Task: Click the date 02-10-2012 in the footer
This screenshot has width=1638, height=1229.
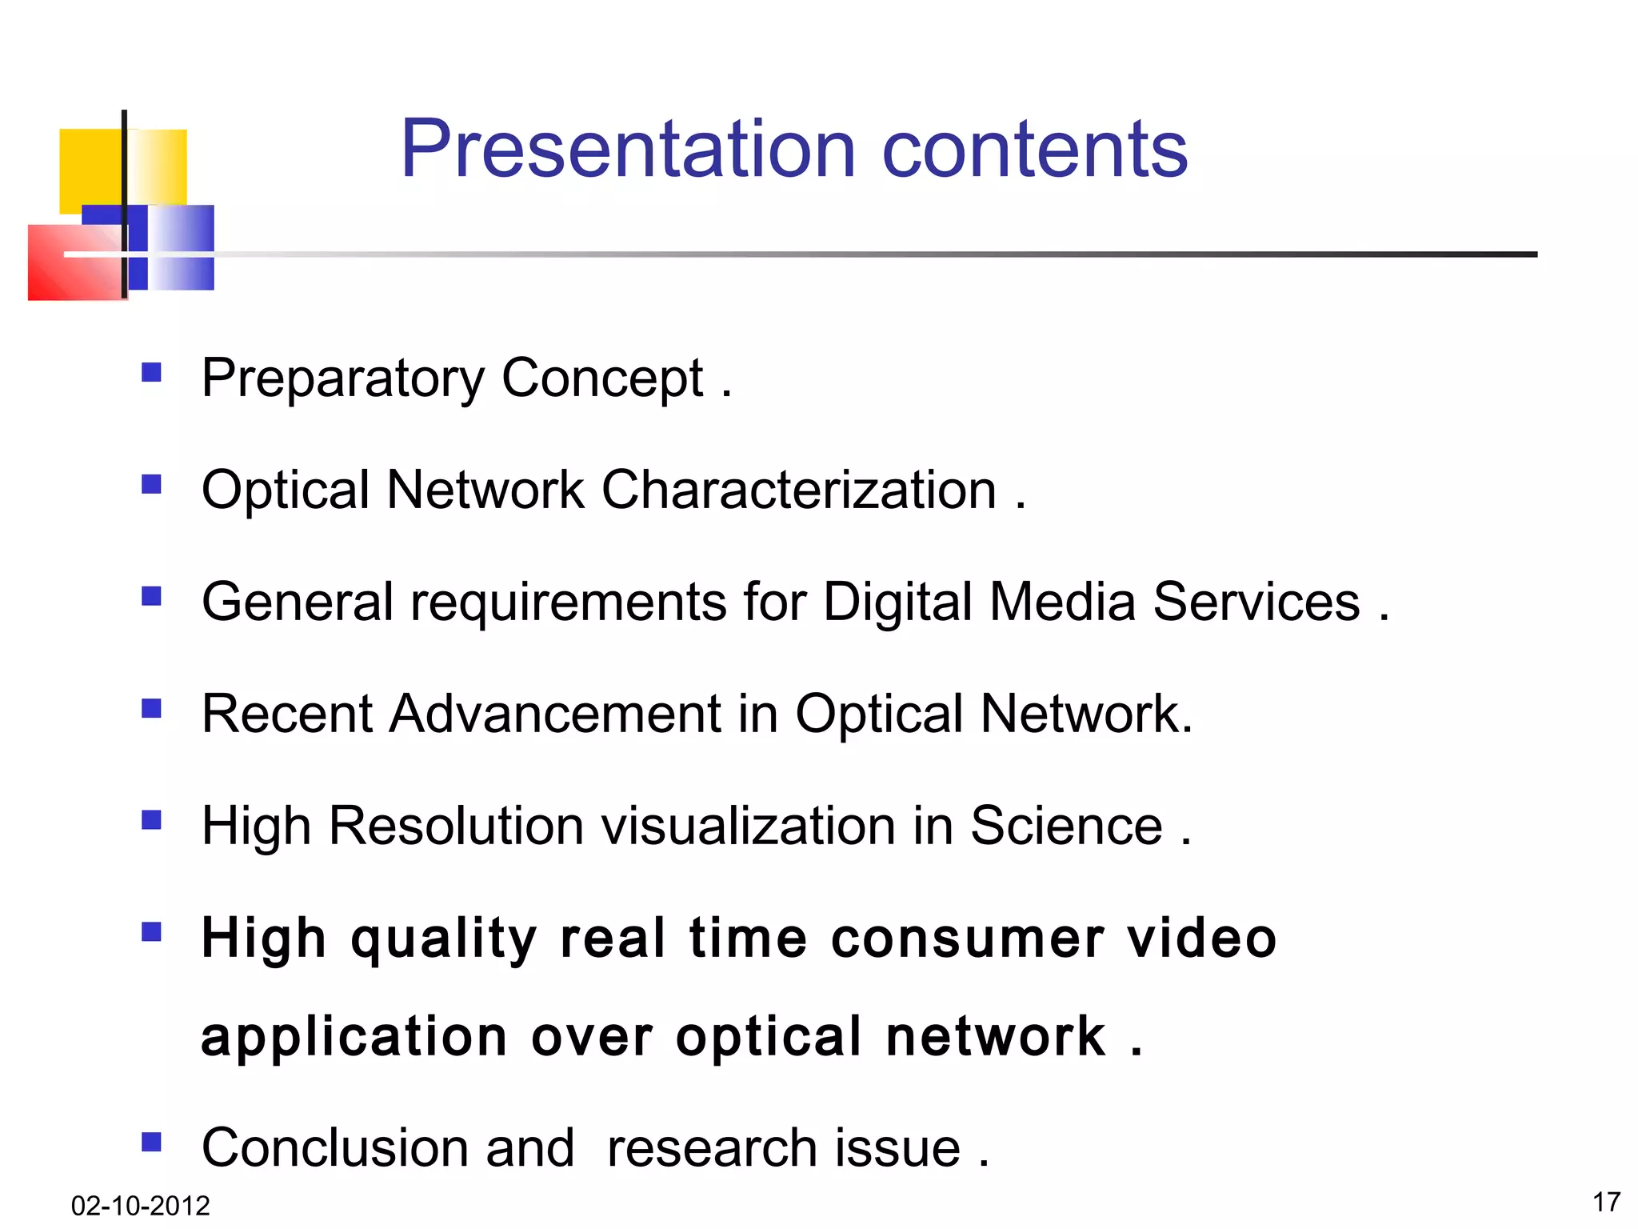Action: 140,1205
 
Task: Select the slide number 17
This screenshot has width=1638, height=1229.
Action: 1606,1202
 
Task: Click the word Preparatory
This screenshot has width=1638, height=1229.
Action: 342,378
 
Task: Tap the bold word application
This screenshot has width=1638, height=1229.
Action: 354,1038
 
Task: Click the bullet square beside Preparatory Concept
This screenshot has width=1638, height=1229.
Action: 151,372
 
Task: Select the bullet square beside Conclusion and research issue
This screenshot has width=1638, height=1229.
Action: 151,1141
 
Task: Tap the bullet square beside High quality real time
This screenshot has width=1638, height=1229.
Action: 151,931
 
